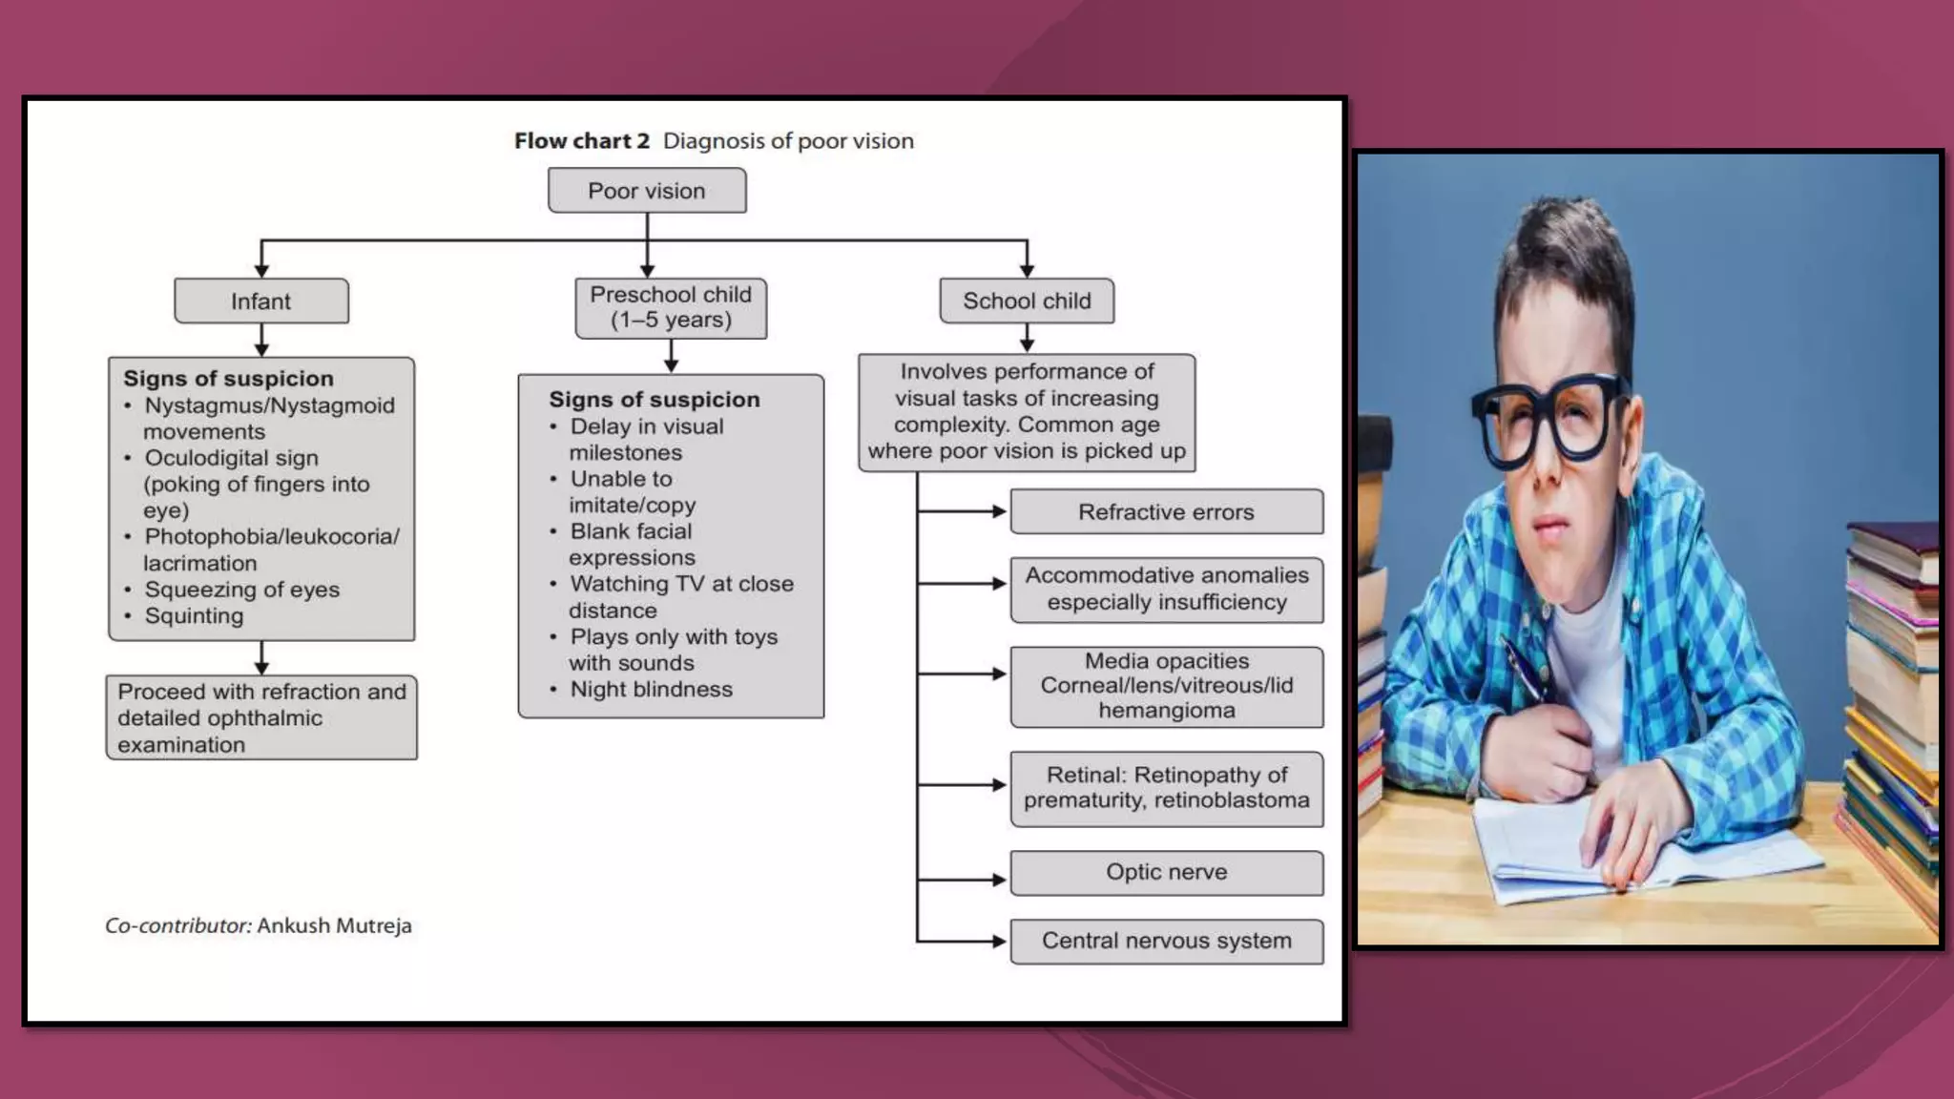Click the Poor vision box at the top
pyautogui.click(x=647, y=191)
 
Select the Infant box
pyautogui.click(x=260, y=301)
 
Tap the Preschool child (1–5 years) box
pyautogui.click(x=671, y=308)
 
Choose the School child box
pyautogui.click(x=1027, y=301)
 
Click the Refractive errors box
pyautogui.click(x=1166, y=512)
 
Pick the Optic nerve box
pyautogui.click(x=1166, y=872)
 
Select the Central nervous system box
pyautogui.click(x=1166, y=941)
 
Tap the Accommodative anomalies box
pyautogui.click(x=1166, y=590)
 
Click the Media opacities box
pyautogui.click(x=1166, y=686)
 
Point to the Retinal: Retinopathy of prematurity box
pyautogui.click(x=1166, y=788)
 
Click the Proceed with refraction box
pyautogui.click(x=261, y=717)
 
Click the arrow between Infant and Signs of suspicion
pyautogui.click(x=261, y=340)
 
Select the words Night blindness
pyautogui.click(x=651, y=690)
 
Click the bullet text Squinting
pyautogui.click(x=194, y=616)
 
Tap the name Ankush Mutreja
pyautogui.click(x=334, y=925)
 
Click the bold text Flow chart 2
pyautogui.click(x=581, y=141)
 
